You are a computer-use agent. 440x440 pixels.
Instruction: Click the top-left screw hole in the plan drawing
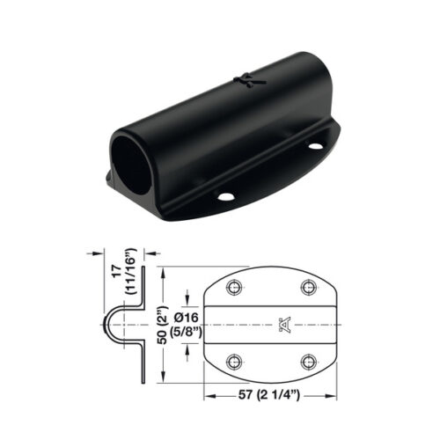[234, 289]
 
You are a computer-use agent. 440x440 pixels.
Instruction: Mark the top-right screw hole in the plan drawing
[307, 289]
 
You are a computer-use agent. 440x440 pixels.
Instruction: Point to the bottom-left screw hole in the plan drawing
[234, 360]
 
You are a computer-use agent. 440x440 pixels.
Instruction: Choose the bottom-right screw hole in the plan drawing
[307, 360]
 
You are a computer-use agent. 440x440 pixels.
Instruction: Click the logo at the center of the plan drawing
[283, 325]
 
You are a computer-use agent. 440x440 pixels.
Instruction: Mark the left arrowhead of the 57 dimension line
[208, 394]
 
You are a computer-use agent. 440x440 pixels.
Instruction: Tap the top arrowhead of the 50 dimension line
[162, 269]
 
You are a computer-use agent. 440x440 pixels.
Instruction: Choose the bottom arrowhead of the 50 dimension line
[162, 379]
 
